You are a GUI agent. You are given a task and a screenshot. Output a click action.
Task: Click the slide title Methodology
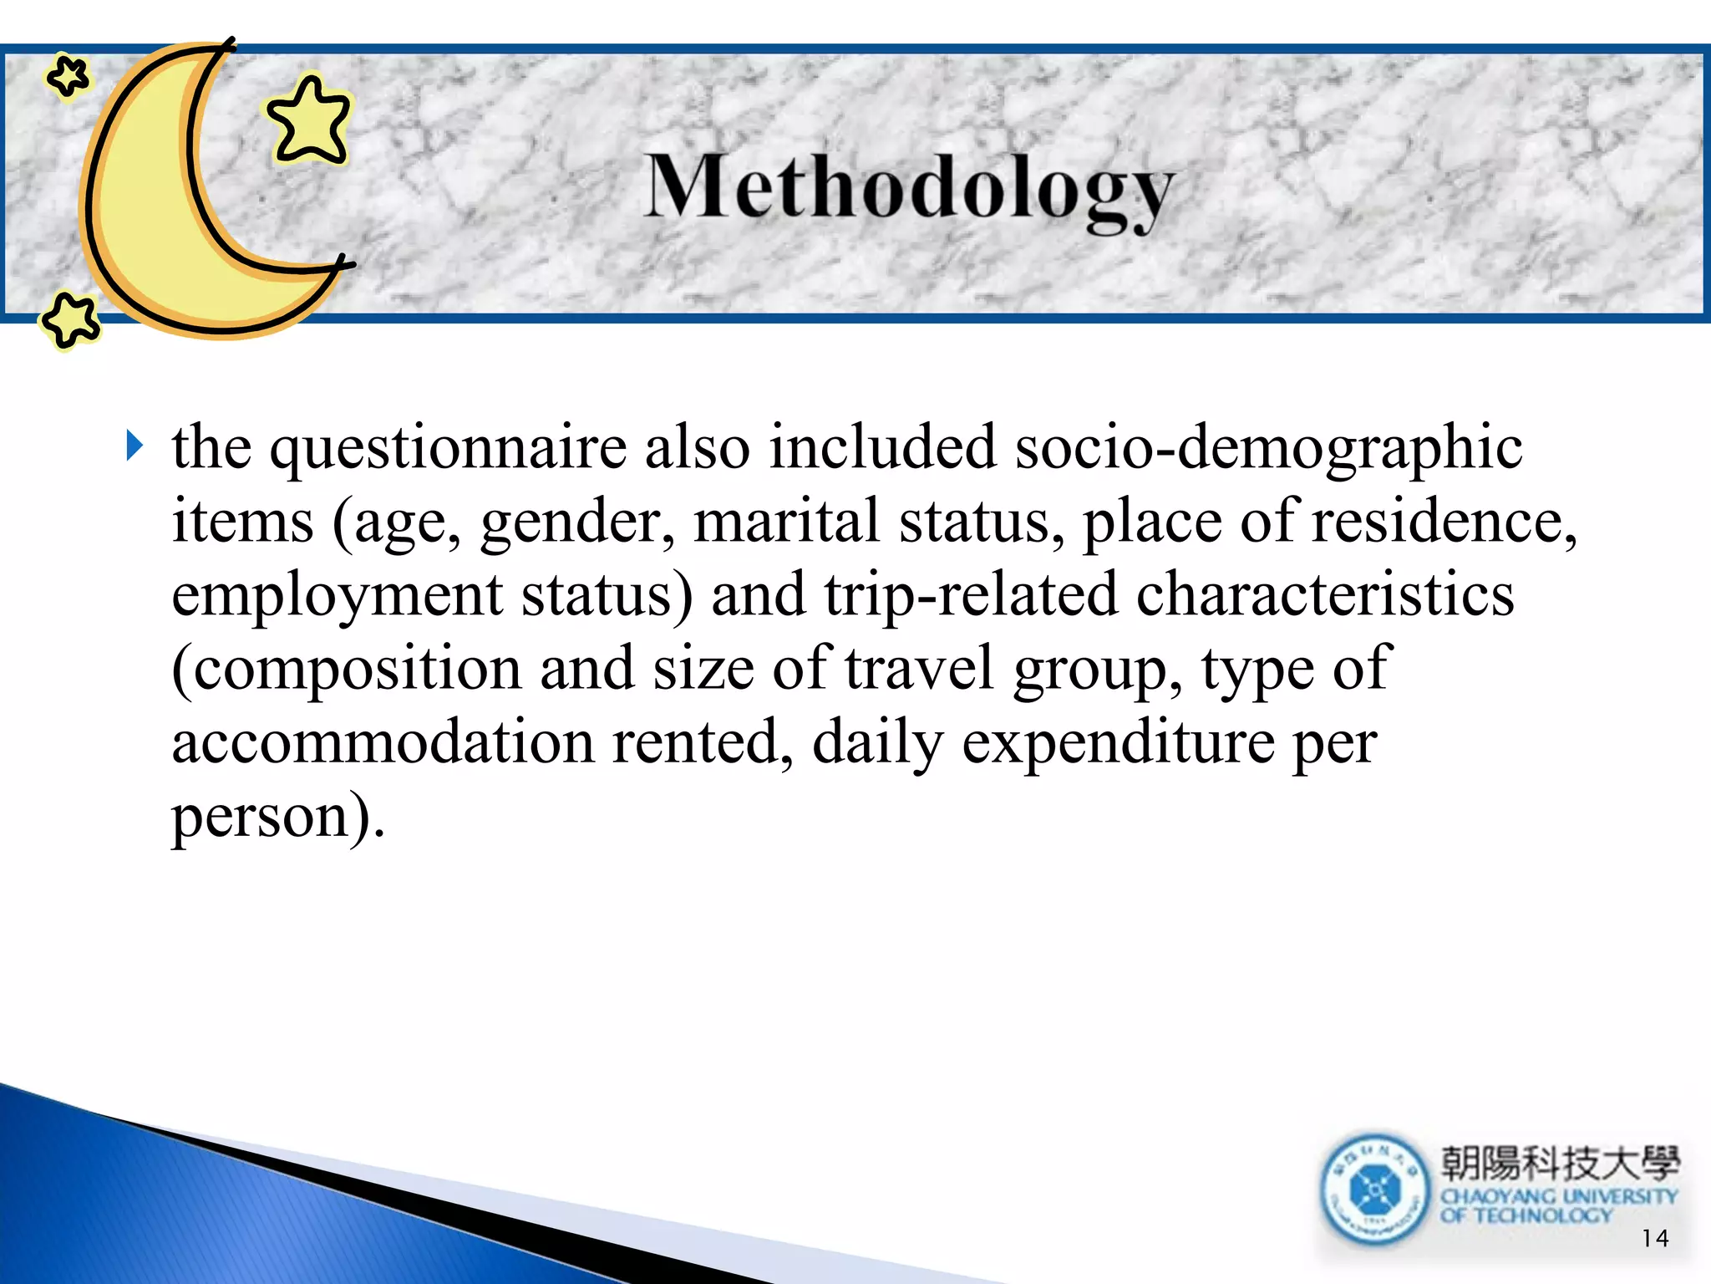tap(909, 189)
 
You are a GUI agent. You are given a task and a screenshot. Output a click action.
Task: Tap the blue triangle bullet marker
tap(135, 446)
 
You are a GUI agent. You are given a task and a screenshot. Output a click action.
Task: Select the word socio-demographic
tap(1268, 449)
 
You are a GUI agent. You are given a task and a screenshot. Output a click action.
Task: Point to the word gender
tap(576, 522)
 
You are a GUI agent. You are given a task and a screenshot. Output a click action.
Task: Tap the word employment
tap(337, 596)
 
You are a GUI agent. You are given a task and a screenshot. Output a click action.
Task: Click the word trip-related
tap(970, 596)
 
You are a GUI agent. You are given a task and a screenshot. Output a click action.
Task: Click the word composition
tap(347, 670)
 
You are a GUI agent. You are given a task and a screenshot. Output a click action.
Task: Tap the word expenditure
tap(1118, 743)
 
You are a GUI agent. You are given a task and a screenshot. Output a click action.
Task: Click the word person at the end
tap(261, 817)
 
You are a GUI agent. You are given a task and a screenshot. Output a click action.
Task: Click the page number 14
tap(1654, 1238)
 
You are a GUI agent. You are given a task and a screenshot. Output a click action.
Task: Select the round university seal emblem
tap(1374, 1189)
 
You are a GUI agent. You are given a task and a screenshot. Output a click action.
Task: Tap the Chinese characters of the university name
tap(1559, 1163)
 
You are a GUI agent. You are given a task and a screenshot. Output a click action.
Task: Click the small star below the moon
tap(70, 319)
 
